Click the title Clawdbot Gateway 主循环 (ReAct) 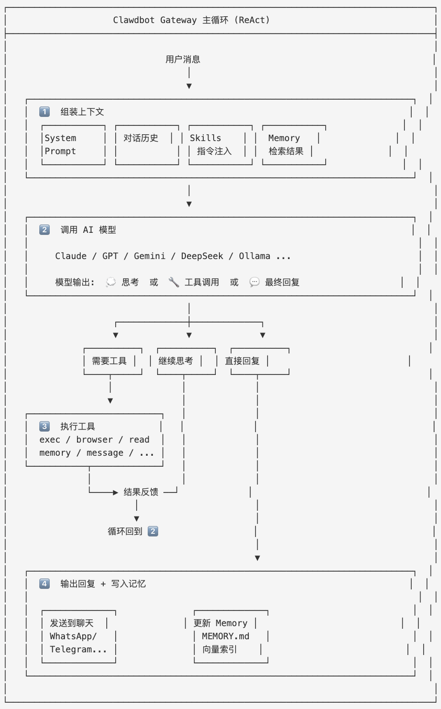click(x=192, y=20)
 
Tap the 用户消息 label click(x=183, y=59)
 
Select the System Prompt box click(x=73, y=145)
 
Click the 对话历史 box click(x=147, y=145)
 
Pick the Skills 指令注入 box click(x=220, y=145)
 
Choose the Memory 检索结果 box click(x=294, y=145)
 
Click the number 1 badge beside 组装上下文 click(x=45, y=112)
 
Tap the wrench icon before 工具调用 click(x=174, y=282)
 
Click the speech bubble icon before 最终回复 click(x=255, y=282)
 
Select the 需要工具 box click(x=113, y=361)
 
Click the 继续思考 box click(x=186, y=361)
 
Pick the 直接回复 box click(x=259, y=361)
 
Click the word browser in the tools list click(x=94, y=439)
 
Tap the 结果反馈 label click(x=141, y=492)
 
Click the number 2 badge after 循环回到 click(x=153, y=531)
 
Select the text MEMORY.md click(x=226, y=636)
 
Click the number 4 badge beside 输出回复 click(x=45, y=584)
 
